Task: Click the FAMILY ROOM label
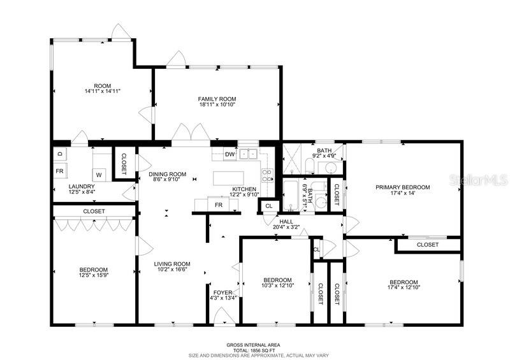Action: pos(217,99)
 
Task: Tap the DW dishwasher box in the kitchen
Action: pos(229,154)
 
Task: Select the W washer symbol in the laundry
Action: pos(99,174)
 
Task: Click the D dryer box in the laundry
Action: pos(59,154)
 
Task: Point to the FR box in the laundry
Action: pos(59,171)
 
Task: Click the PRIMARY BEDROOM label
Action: pos(402,187)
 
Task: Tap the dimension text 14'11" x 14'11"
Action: pos(103,91)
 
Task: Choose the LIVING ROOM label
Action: pos(173,263)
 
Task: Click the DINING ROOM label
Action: pos(167,174)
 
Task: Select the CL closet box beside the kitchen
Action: pos(268,206)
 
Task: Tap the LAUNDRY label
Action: pos(64,186)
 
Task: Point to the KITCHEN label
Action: pos(244,189)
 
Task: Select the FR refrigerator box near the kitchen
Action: pos(218,205)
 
